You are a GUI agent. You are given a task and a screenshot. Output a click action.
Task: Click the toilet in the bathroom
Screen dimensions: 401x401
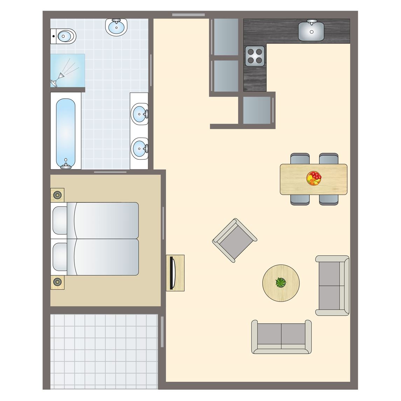(64, 36)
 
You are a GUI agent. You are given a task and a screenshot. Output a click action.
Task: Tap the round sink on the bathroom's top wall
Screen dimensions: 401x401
(116, 27)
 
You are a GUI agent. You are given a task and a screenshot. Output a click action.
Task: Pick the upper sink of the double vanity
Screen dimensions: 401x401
(140, 114)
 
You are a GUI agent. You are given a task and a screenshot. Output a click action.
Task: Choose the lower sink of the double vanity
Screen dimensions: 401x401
(140, 148)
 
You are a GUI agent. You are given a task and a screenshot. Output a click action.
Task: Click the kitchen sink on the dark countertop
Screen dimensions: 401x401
(311, 30)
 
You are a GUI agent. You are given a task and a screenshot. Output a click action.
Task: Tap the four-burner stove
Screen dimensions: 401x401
(255, 56)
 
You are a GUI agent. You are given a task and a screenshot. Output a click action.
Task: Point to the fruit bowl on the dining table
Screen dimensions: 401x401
(314, 178)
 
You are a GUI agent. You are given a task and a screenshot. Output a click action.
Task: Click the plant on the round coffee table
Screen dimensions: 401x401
(281, 282)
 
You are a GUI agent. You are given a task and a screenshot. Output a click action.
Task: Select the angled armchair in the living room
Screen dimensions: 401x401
(235, 240)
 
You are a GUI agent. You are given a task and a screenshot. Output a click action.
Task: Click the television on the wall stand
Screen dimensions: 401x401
(172, 273)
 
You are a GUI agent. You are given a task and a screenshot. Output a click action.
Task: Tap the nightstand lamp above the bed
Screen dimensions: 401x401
(57, 195)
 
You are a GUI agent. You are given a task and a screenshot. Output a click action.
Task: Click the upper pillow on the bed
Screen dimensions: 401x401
(60, 220)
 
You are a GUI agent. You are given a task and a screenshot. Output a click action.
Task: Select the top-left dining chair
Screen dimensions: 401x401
(300, 159)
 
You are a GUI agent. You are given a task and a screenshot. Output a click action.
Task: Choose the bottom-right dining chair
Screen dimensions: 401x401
(329, 200)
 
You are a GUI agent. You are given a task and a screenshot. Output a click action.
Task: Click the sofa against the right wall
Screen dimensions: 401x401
(332, 285)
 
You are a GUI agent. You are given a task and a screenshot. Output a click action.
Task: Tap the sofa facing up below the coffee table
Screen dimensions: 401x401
(281, 337)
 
